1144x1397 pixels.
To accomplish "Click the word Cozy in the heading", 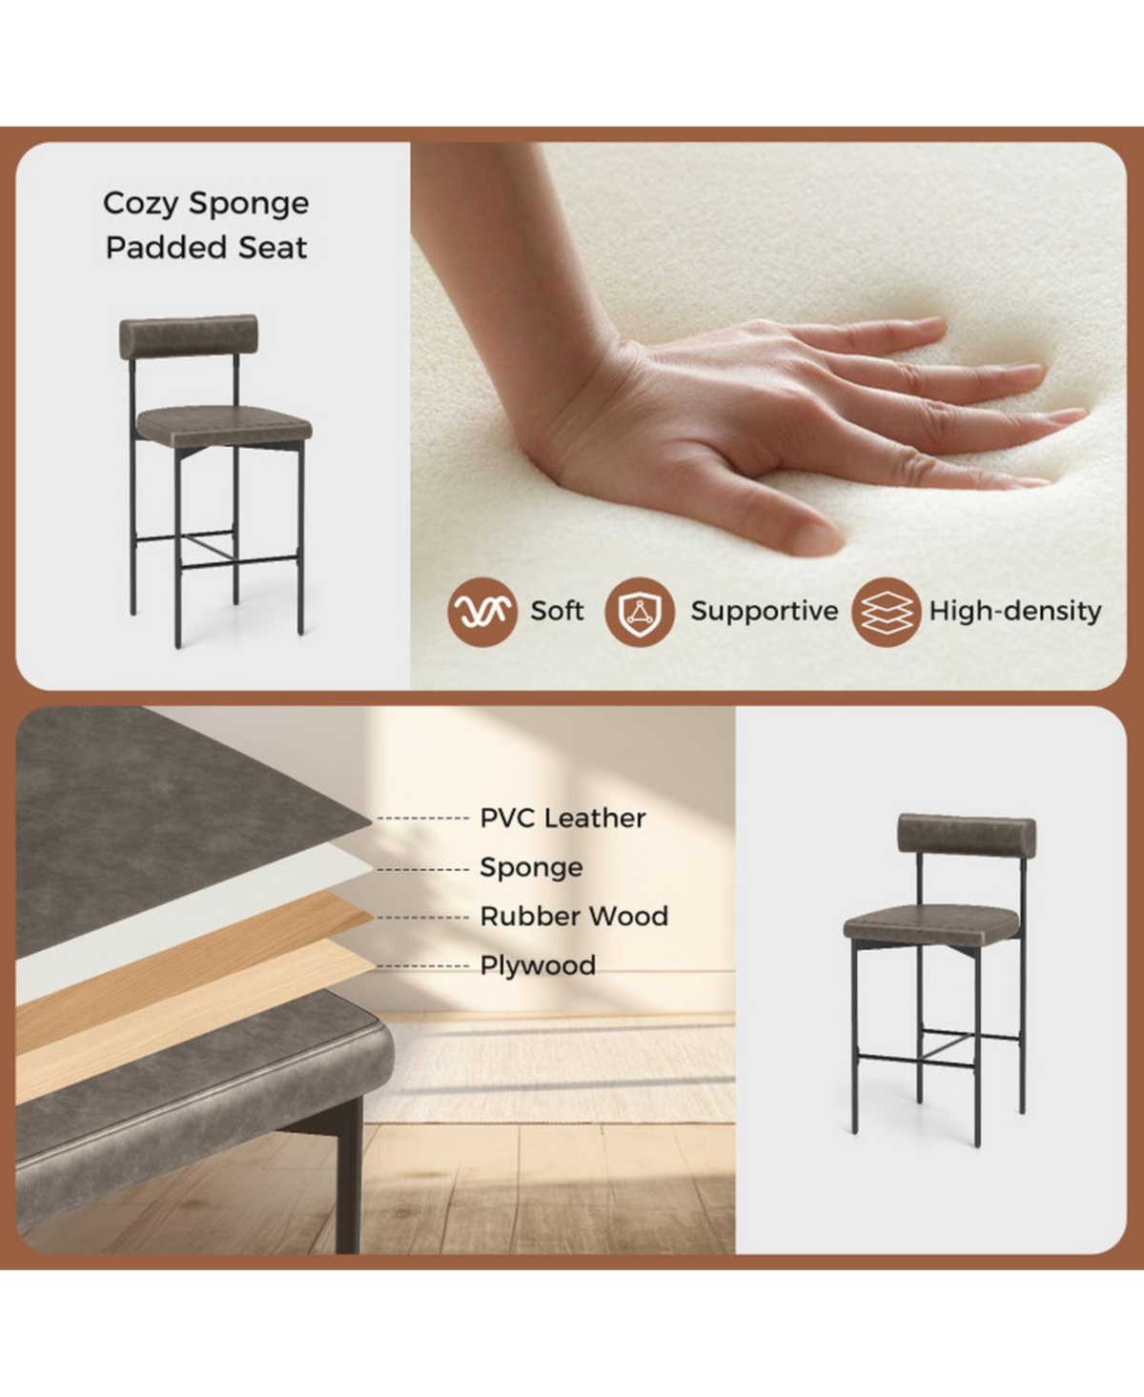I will click(x=141, y=204).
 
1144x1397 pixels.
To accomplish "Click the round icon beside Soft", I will click(x=482, y=612).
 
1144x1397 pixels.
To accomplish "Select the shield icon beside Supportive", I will click(x=640, y=612).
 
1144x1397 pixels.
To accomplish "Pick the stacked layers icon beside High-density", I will click(x=887, y=612).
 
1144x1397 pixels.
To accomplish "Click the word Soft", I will click(x=557, y=611).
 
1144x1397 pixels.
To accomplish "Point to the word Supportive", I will click(x=764, y=611).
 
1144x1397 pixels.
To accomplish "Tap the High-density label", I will click(x=1015, y=611).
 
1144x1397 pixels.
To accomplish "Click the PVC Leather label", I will click(x=562, y=818).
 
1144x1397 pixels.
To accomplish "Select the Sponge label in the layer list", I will click(x=531, y=867).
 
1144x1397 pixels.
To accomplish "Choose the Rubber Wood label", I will click(x=574, y=917).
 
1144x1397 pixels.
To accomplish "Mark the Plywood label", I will click(x=538, y=965).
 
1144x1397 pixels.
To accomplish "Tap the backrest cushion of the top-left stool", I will click(x=188, y=337).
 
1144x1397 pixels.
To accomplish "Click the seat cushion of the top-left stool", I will click(x=225, y=422).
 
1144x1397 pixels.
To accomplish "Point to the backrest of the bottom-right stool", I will click(x=967, y=835).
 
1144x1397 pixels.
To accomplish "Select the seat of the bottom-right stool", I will click(x=932, y=921).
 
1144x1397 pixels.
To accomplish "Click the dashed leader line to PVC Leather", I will click(x=423, y=819).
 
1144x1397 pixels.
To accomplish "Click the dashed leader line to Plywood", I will click(x=423, y=966).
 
